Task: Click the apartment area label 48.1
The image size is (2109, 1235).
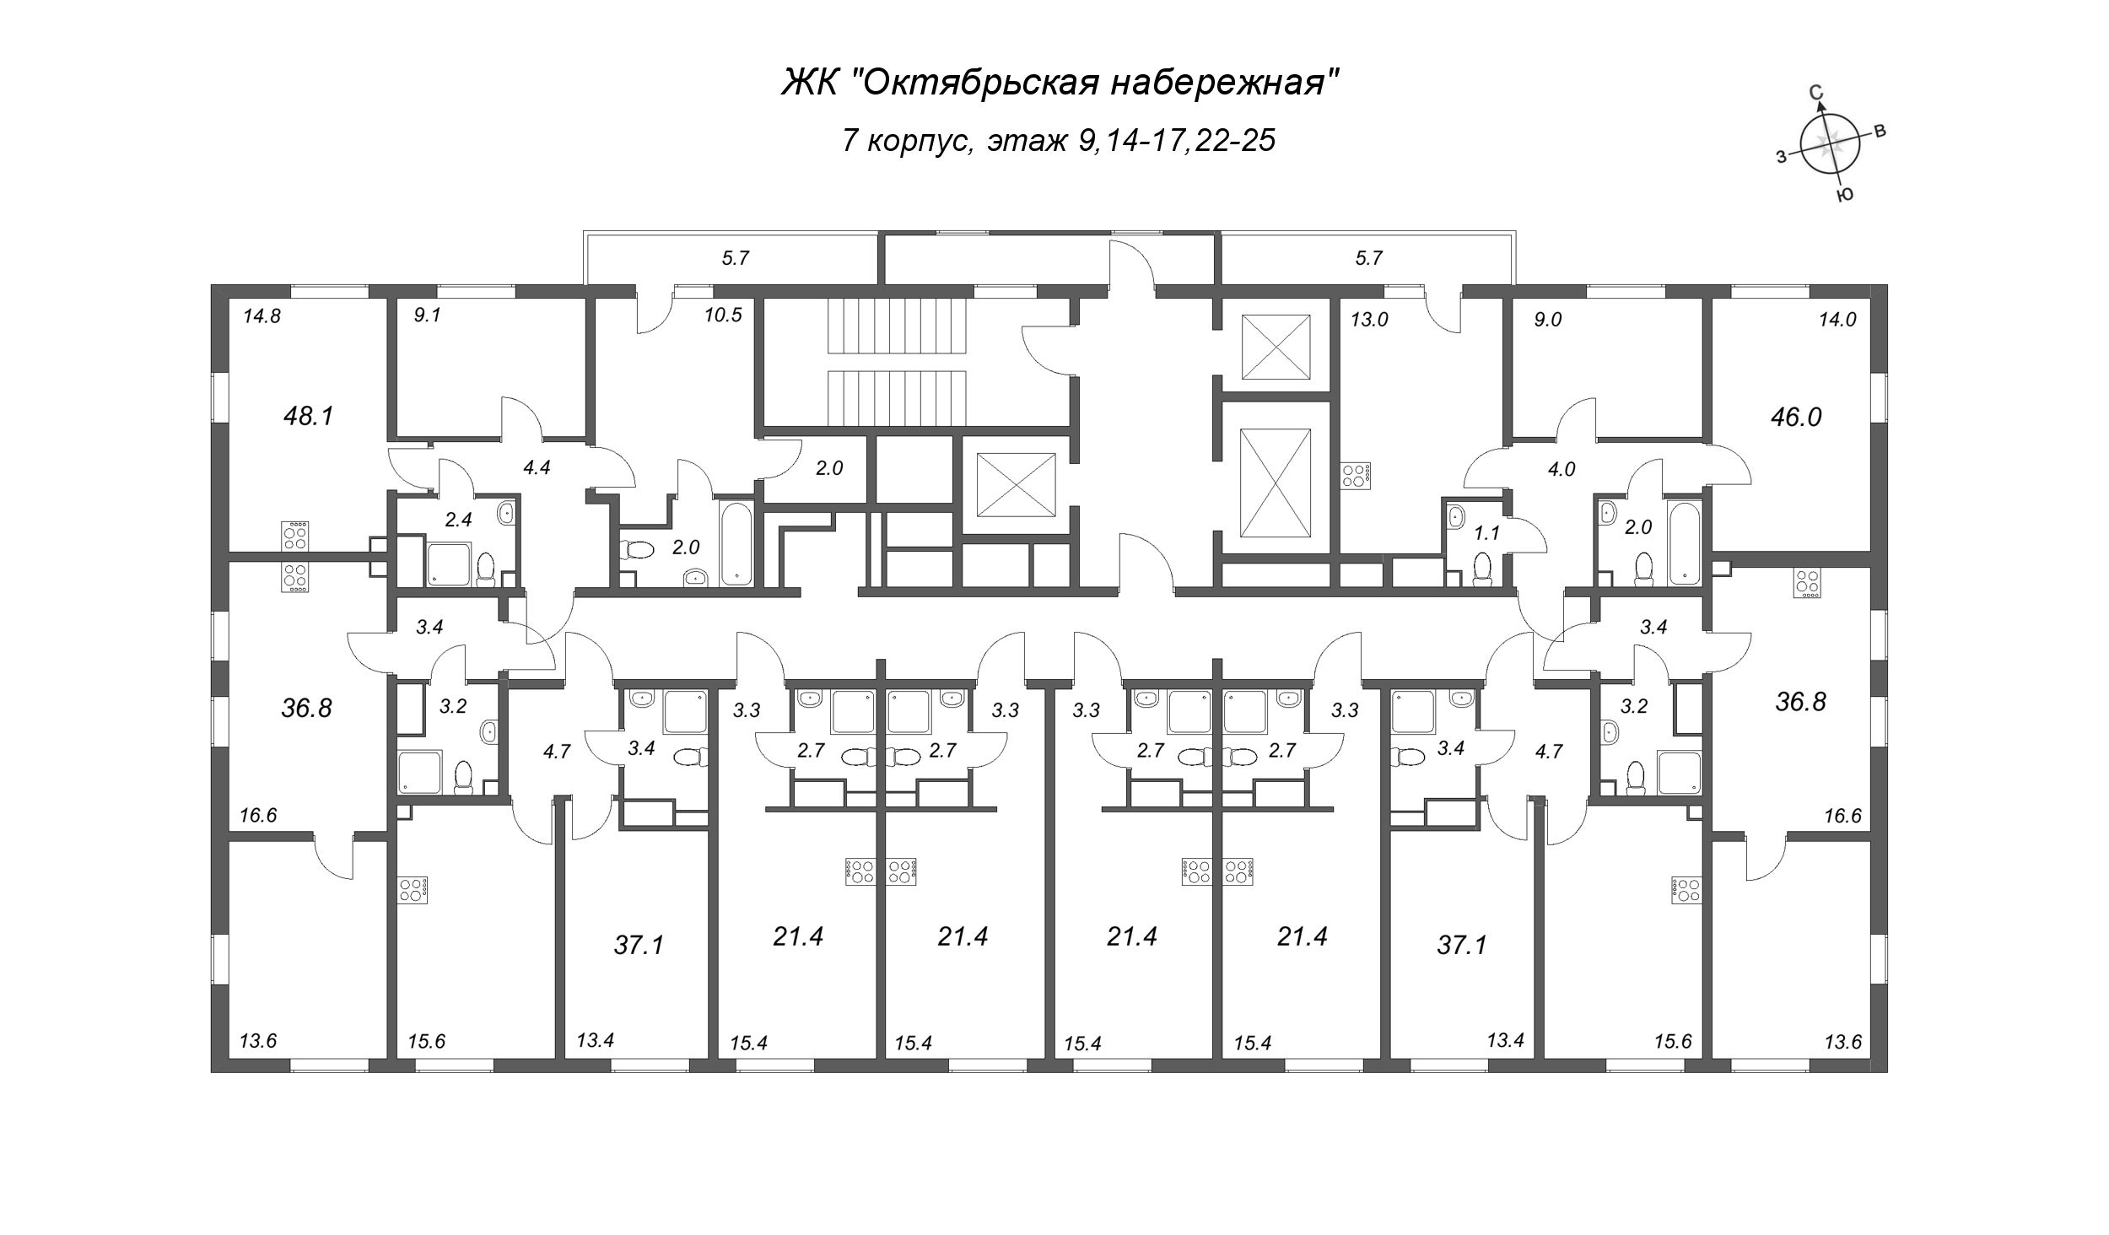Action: [x=310, y=416]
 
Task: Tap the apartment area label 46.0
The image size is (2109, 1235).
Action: [x=1796, y=417]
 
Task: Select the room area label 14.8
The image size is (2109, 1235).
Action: [x=261, y=317]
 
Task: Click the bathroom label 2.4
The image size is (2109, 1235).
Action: [x=458, y=520]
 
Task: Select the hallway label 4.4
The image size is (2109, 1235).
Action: [x=537, y=467]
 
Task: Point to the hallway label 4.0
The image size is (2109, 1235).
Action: [x=1562, y=470]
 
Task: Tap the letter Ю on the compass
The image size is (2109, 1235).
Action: [x=1844, y=195]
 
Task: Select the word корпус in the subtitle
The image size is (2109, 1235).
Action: [x=920, y=140]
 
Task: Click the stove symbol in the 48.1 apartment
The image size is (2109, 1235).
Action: [x=295, y=535]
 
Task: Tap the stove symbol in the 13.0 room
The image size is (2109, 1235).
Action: [x=1357, y=476]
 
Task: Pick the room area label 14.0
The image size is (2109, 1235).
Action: [x=1839, y=319]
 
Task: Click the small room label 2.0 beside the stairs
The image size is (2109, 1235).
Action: [x=829, y=468]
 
